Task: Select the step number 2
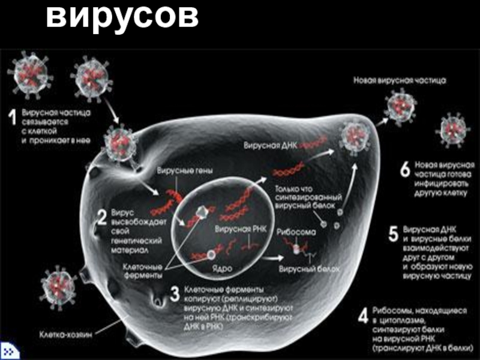point(102,215)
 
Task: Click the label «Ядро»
point(220,264)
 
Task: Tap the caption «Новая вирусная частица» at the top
point(399,79)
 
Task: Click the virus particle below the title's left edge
point(28,74)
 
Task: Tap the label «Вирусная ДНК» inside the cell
point(269,145)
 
